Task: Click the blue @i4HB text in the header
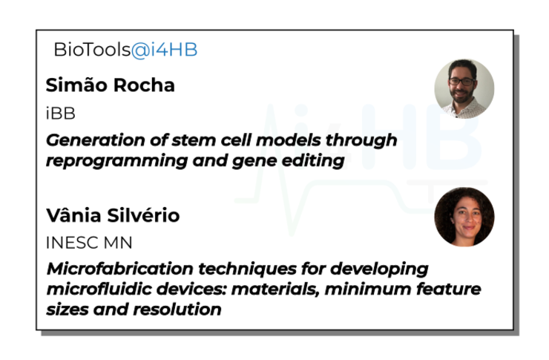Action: [164, 50]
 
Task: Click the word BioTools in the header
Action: [93, 50]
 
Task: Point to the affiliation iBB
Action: [61, 114]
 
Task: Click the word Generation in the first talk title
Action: [95, 140]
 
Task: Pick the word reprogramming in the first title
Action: [117, 161]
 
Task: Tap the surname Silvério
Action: [143, 215]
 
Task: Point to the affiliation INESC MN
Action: [89, 243]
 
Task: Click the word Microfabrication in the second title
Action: [119, 269]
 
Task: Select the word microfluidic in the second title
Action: [99, 289]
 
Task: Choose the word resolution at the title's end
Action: [177, 310]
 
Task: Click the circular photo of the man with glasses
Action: [464, 89]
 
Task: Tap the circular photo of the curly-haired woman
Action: [464, 217]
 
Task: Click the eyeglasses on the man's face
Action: [462, 82]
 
